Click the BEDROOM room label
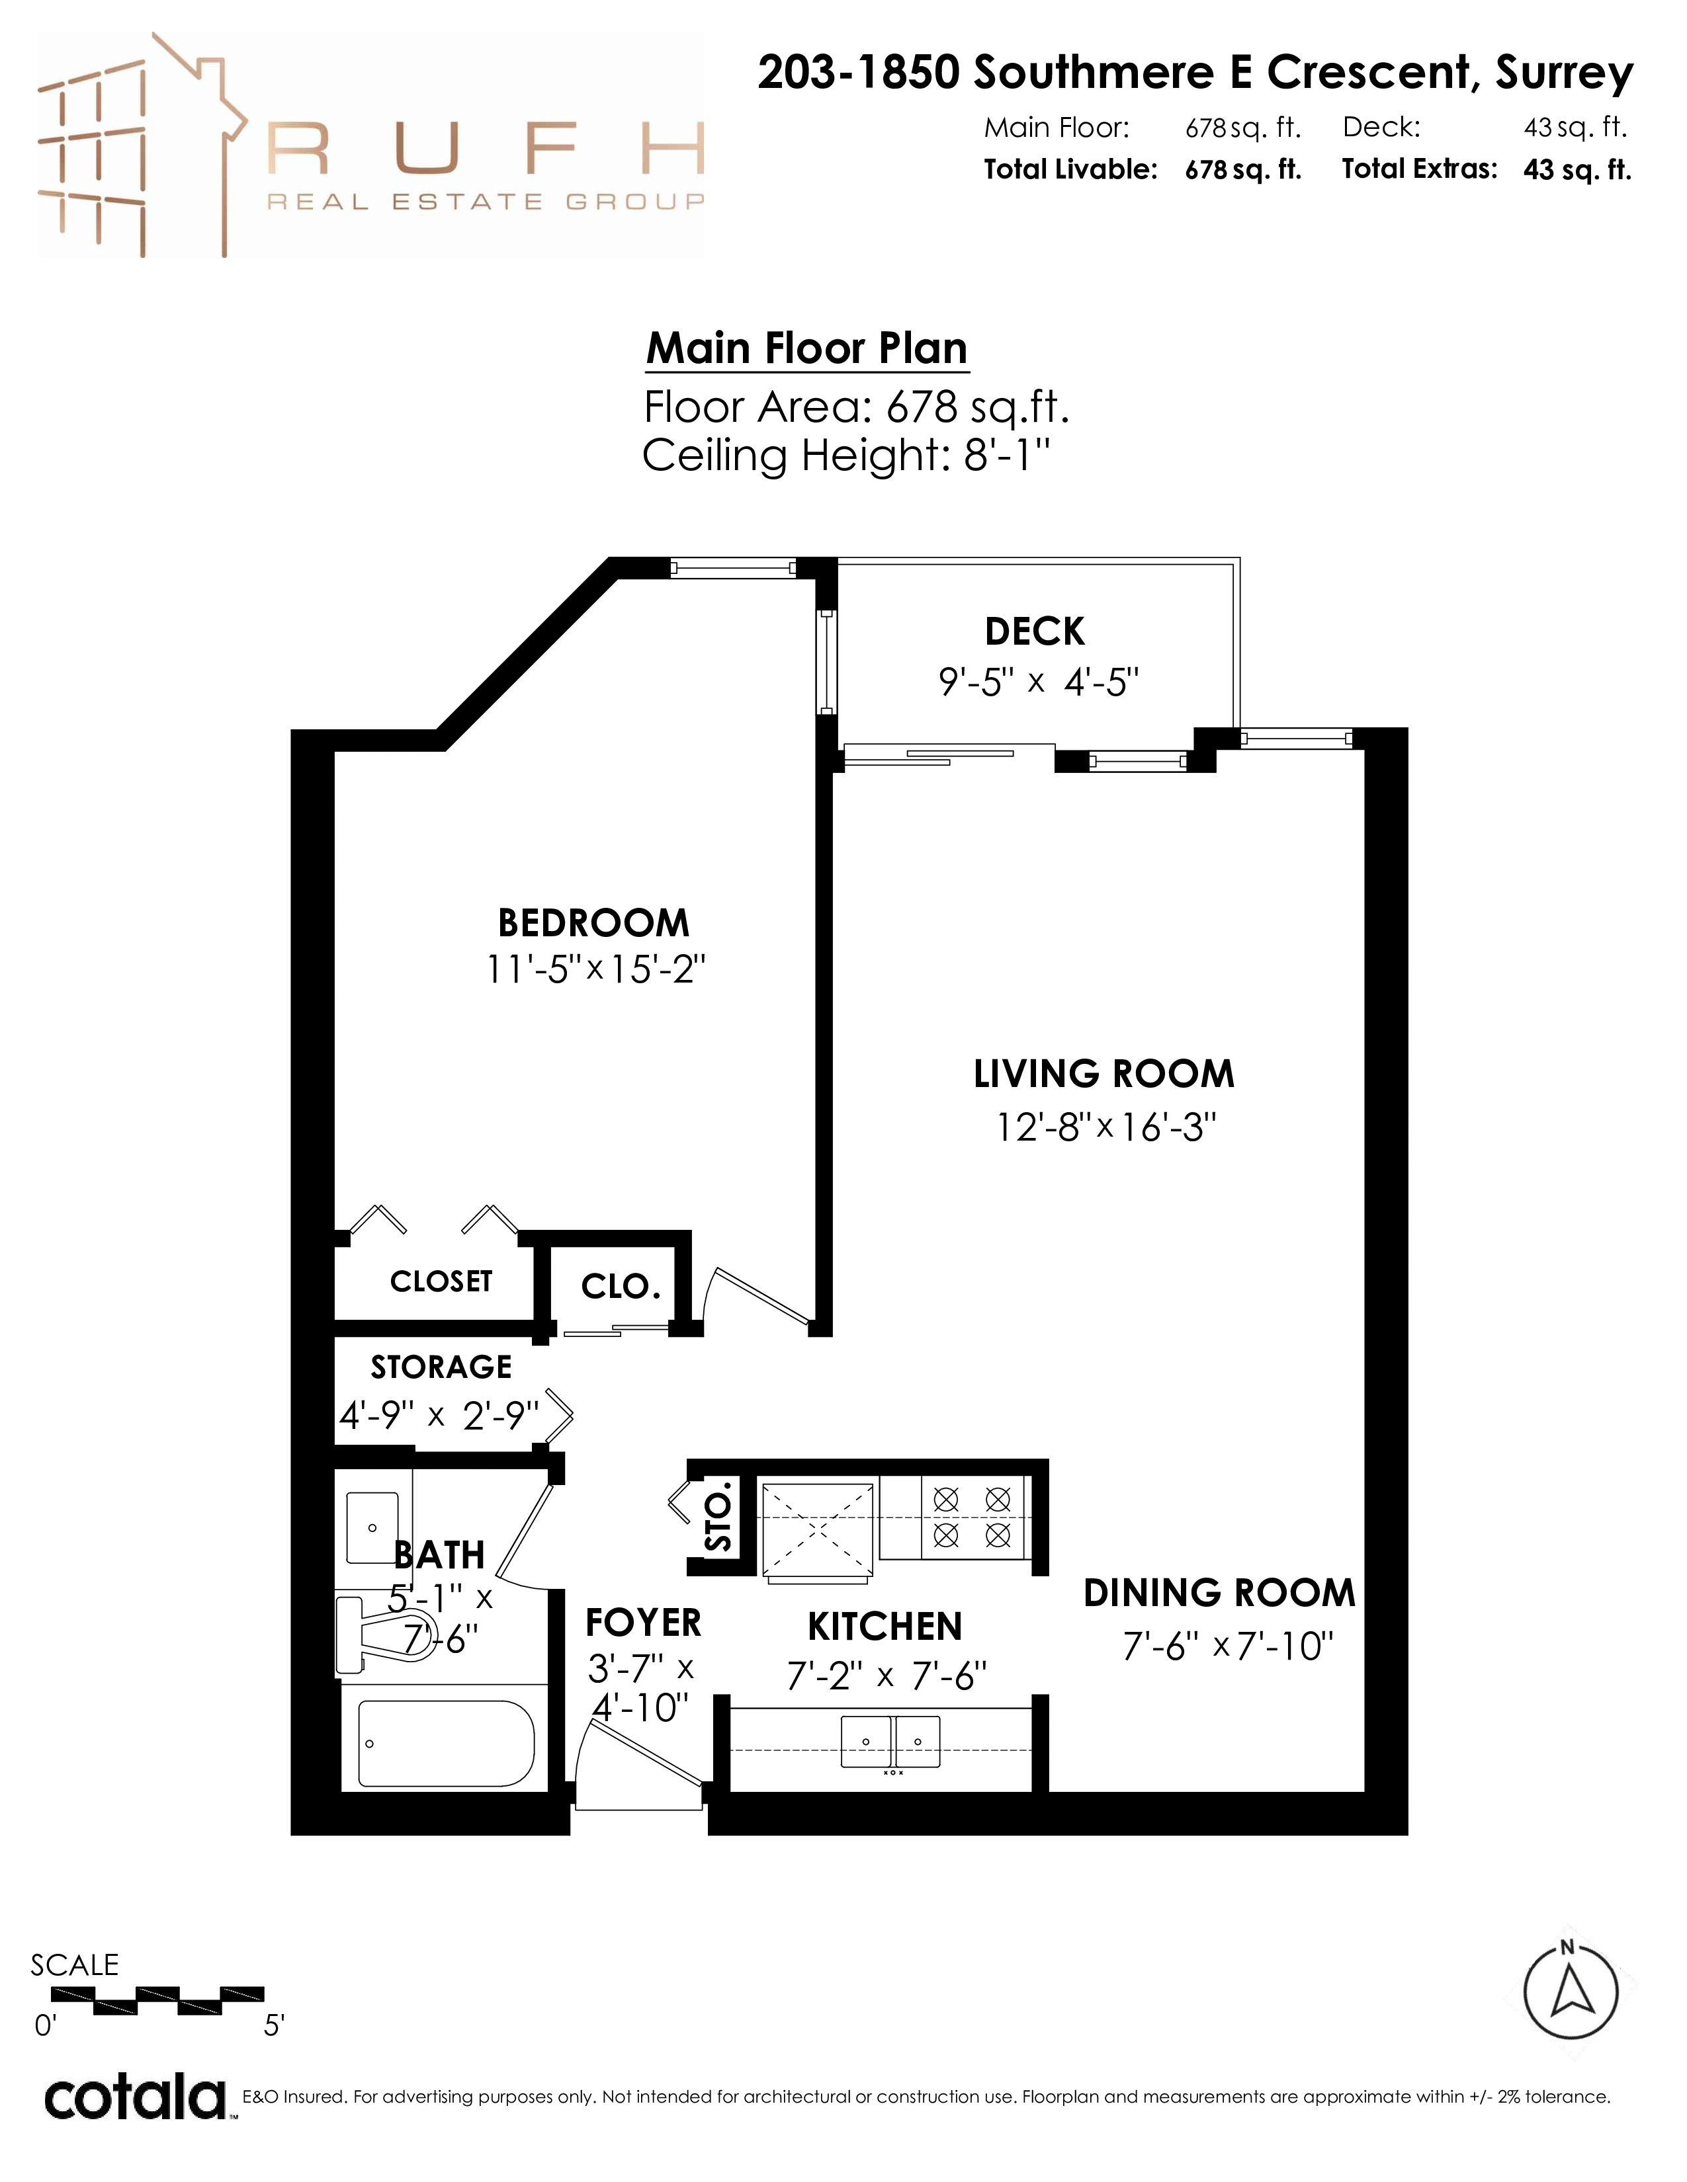pyautogui.click(x=593, y=923)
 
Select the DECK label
pyautogui.click(x=1035, y=631)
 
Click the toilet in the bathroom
pyautogui.click(x=385, y=1635)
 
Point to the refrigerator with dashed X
pyautogui.click(x=816, y=1529)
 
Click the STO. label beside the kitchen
pyautogui.click(x=718, y=1523)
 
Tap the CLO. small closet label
pyautogui.click(x=621, y=1286)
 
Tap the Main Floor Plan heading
pyautogui.click(x=808, y=348)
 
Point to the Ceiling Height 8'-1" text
pyautogui.click(x=845, y=456)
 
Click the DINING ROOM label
pyautogui.click(x=1219, y=1593)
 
